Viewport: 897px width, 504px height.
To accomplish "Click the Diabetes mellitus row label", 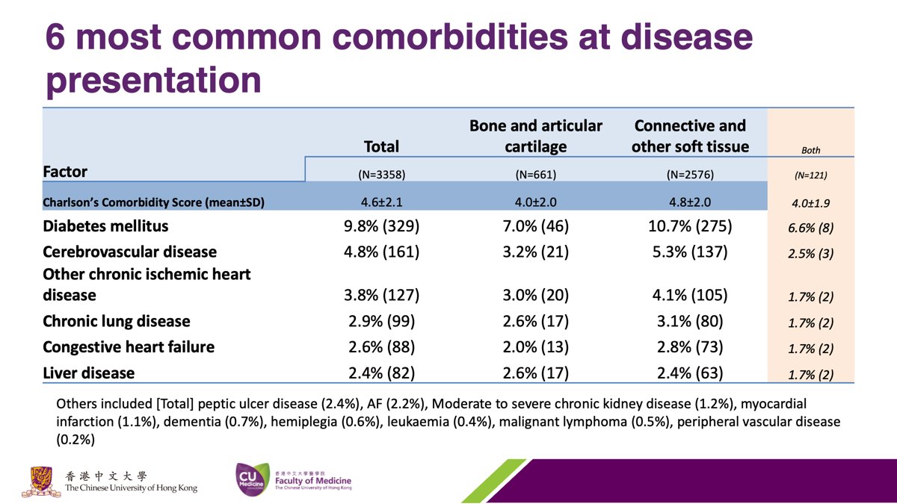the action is coord(105,226).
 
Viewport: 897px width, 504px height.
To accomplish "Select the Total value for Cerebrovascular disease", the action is coord(382,252).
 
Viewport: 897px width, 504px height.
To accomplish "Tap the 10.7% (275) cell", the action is coord(690,226).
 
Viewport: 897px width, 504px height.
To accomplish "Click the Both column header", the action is coord(811,150).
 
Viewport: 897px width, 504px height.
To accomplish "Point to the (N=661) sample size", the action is coord(536,175).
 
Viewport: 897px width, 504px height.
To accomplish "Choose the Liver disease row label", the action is coord(89,373).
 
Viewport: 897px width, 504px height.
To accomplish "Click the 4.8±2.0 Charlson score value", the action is coord(690,202).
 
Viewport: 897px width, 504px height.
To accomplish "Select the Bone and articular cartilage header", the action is coord(536,136).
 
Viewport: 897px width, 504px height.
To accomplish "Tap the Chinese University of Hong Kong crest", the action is coord(41,481).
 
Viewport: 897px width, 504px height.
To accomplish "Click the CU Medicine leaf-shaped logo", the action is coord(253,479).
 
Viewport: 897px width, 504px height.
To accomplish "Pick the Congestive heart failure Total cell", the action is coord(382,347).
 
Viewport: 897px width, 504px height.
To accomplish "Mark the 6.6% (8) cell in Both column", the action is coord(811,228).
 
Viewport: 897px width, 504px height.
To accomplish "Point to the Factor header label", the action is coord(65,172).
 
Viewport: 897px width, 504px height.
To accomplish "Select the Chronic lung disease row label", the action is coord(117,321).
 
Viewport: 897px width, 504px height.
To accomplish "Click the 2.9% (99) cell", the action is coord(382,321).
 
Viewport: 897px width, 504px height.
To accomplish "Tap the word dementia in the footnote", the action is coord(192,422).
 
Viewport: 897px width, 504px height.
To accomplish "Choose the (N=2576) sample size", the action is coord(690,175).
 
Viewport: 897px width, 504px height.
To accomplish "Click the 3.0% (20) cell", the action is coord(536,295).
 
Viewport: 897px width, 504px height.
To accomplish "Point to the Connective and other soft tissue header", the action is coord(690,136).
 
